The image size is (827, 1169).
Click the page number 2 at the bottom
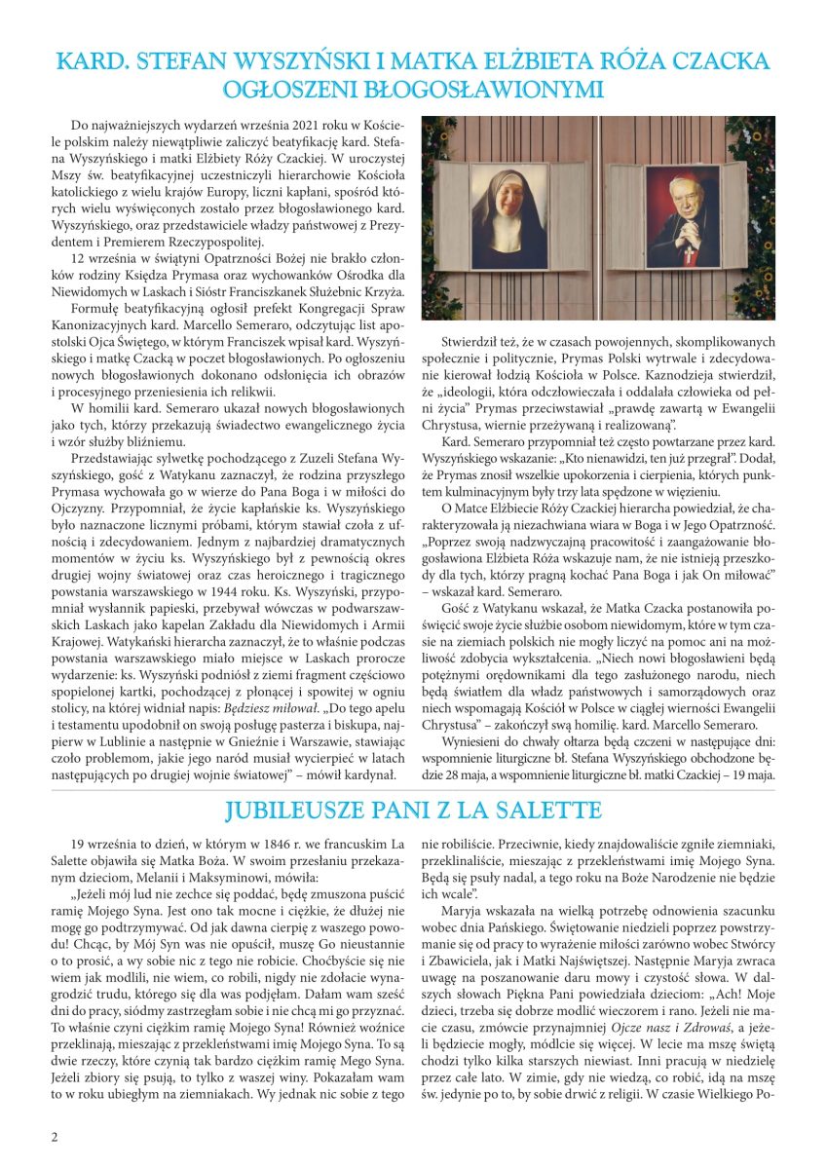(55, 1137)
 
